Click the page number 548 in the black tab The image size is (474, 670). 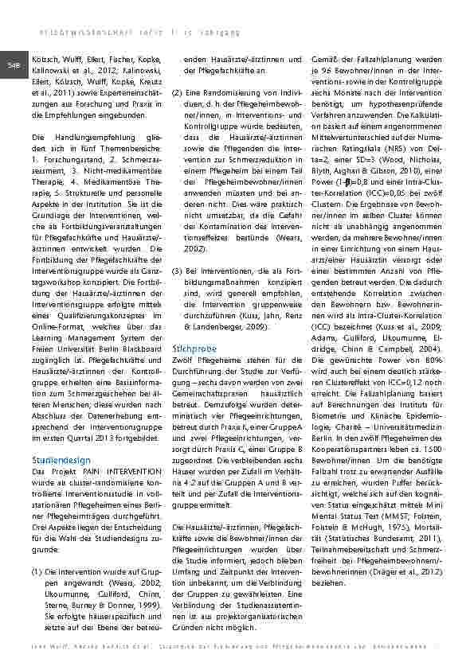pos(13,64)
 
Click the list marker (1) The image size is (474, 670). pos(37,550)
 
